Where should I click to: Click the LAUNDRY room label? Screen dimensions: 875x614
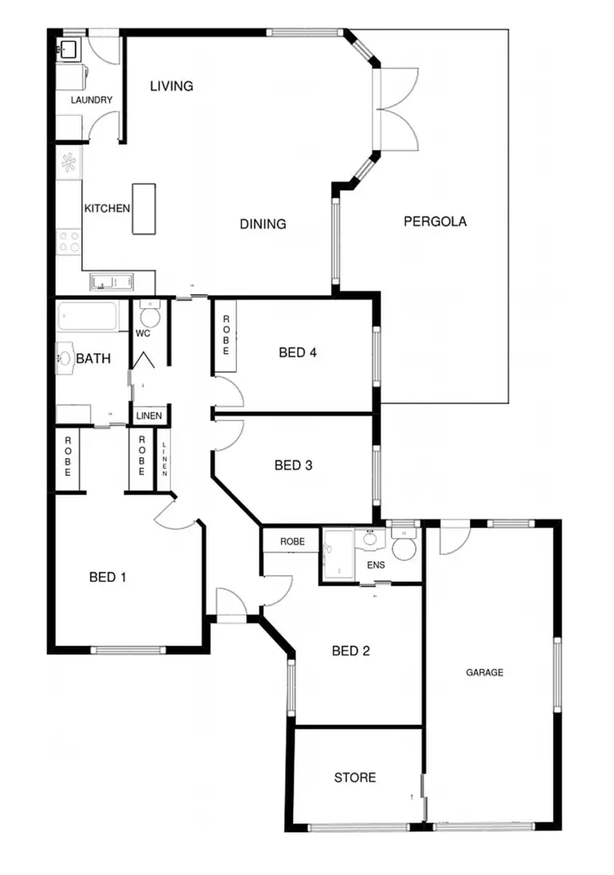point(92,101)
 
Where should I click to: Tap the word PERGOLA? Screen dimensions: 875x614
point(435,221)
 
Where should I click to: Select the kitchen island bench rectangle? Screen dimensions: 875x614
point(144,209)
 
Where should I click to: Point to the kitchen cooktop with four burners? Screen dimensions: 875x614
point(69,241)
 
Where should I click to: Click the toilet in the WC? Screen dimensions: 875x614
point(149,315)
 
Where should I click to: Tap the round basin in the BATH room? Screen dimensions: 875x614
point(65,358)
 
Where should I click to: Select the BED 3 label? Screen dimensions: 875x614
point(294,465)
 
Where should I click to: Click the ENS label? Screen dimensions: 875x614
point(374,565)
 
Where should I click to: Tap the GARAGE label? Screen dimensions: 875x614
point(485,673)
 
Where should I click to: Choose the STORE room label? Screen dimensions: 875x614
point(355,777)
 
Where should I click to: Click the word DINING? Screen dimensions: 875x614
point(263,224)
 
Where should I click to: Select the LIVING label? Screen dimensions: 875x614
point(172,86)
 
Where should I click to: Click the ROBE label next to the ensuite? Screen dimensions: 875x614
point(292,542)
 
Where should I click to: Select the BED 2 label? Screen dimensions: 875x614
point(351,651)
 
